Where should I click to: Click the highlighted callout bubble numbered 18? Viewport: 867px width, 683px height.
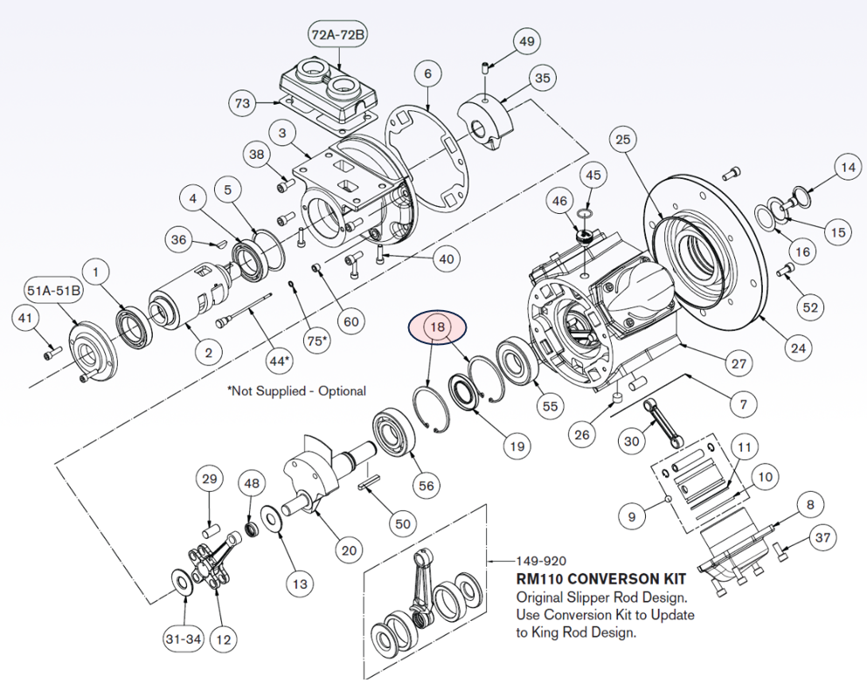(x=439, y=328)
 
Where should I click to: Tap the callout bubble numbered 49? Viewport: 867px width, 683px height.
(x=526, y=41)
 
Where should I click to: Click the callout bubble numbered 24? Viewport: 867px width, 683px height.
(x=797, y=348)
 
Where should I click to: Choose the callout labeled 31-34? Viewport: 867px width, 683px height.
(x=183, y=639)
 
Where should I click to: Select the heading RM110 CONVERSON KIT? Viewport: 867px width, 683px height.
(x=601, y=579)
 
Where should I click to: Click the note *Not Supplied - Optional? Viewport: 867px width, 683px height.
(x=296, y=390)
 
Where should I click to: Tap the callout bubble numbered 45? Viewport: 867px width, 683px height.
(x=593, y=176)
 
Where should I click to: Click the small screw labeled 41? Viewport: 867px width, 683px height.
(x=51, y=354)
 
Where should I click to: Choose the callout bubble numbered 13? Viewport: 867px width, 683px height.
(x=299, y=583)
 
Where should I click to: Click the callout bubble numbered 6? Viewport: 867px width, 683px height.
(x=427, y=74)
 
